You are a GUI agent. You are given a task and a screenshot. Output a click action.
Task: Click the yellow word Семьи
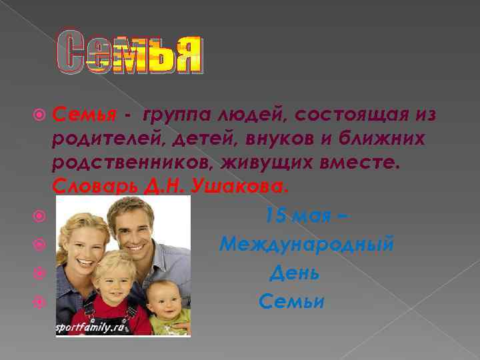[291, 302]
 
